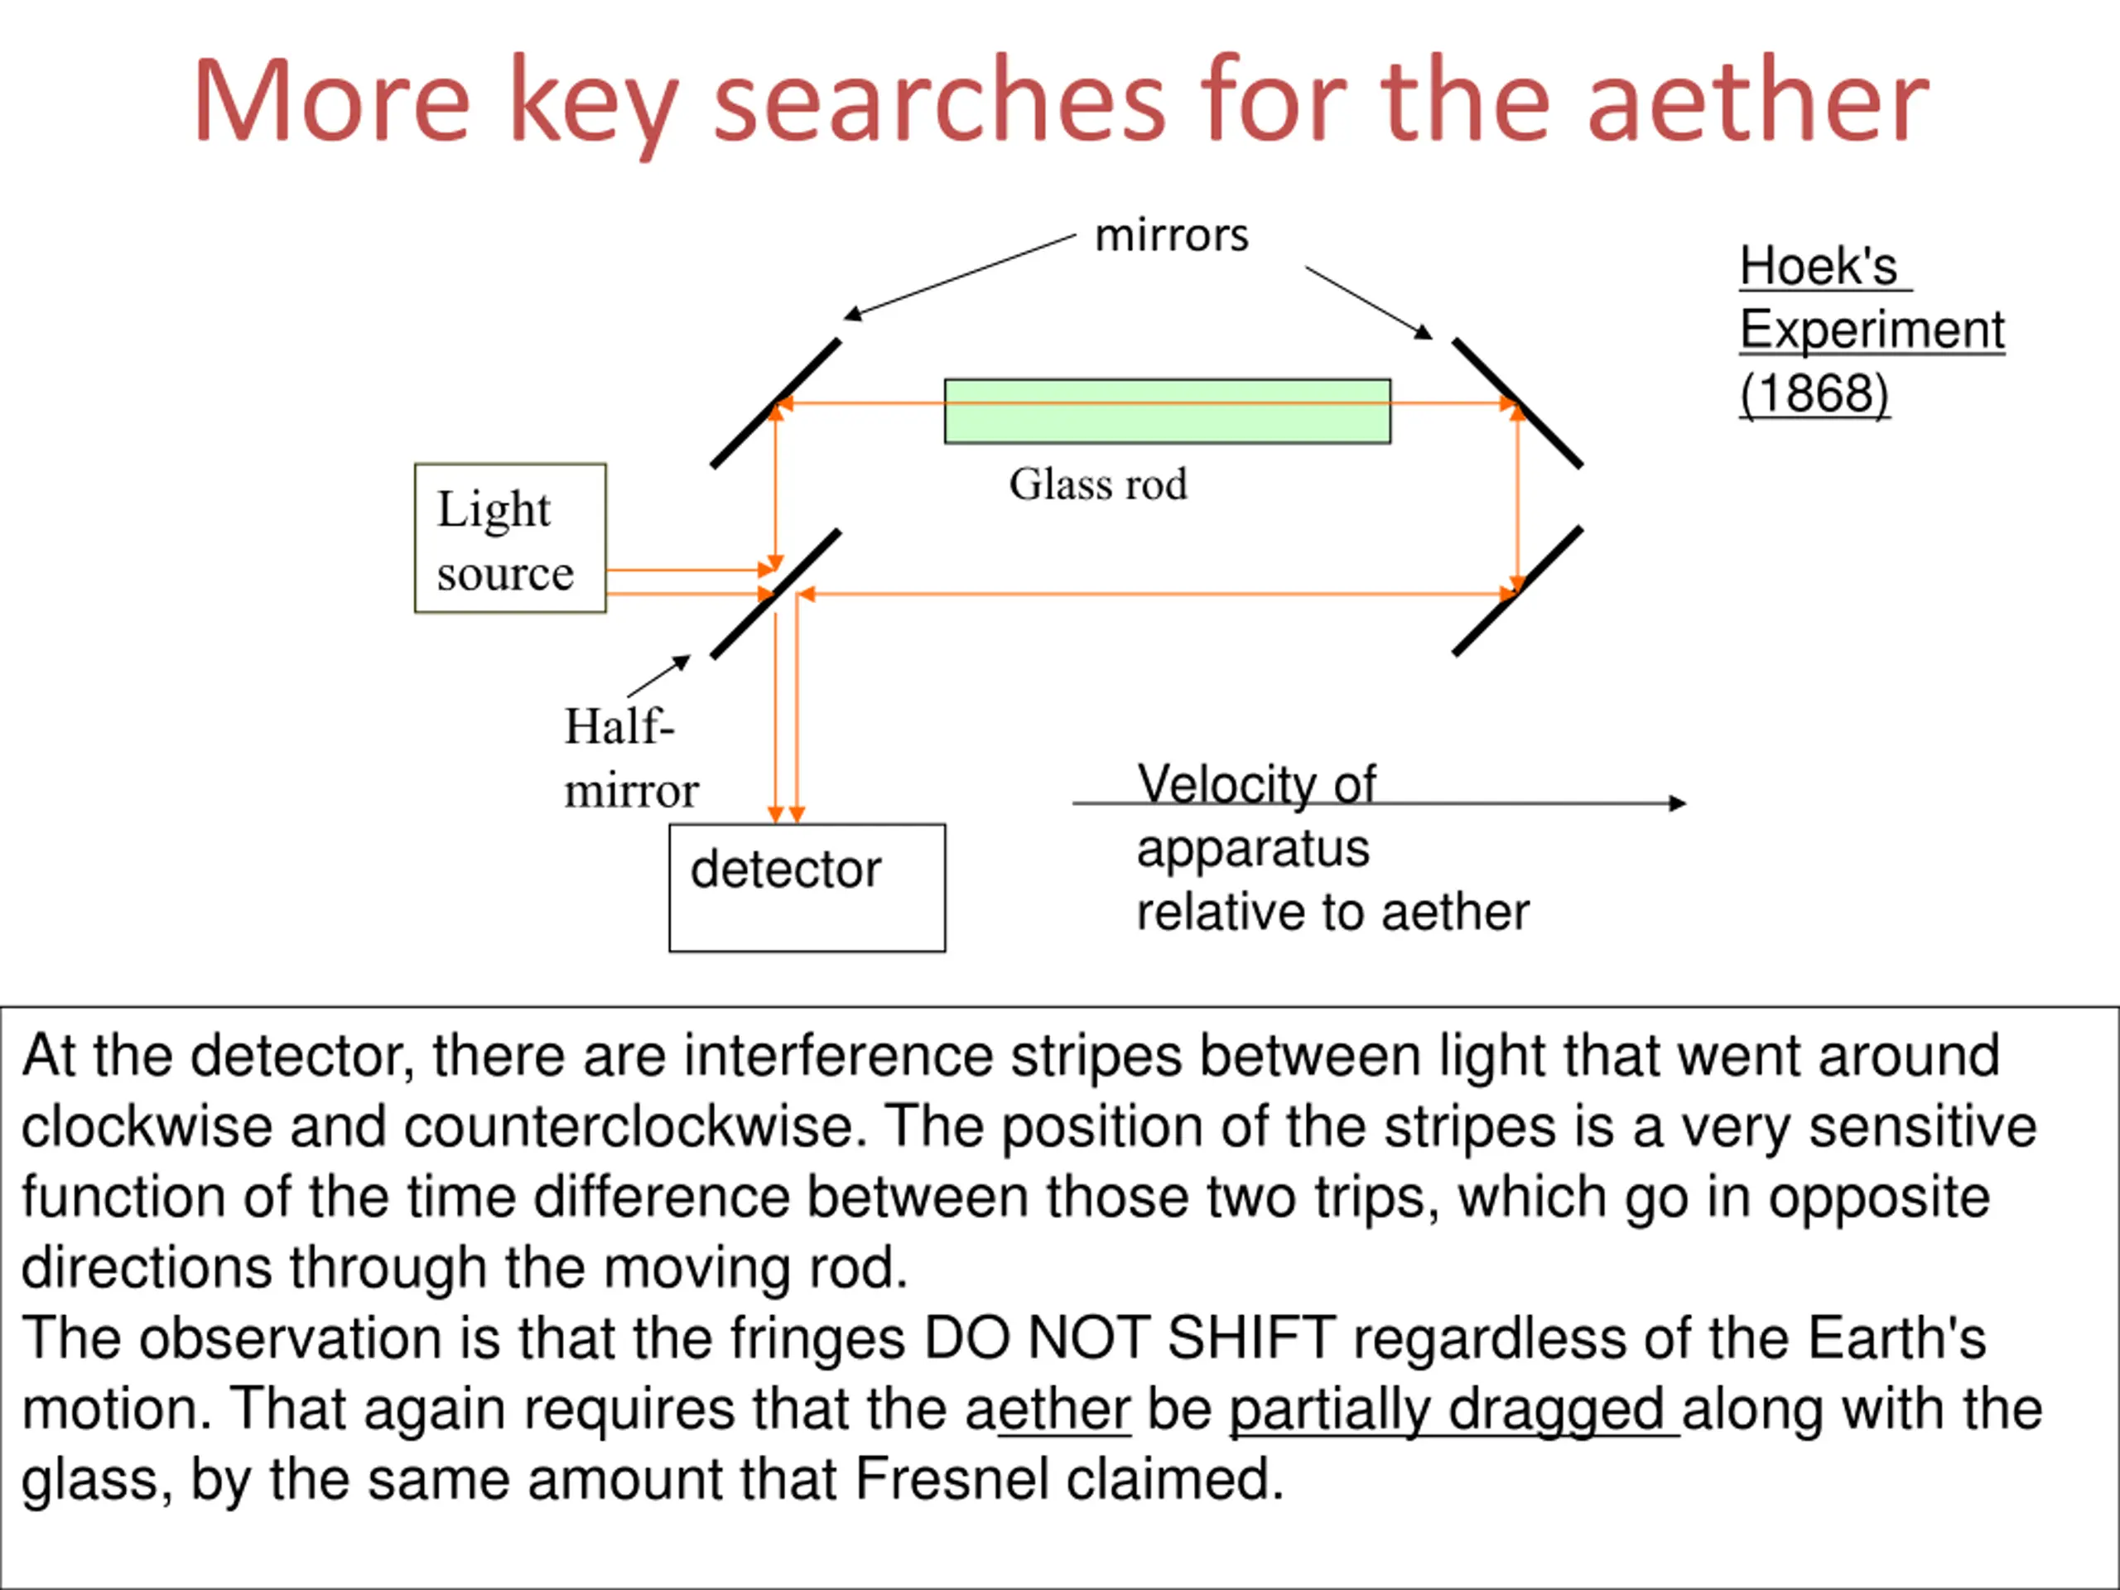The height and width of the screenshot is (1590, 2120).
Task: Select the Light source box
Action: pyautogui.click(x=510, y=537)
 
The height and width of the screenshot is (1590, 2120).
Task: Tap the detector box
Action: pyautogui.click(x=807, y=887)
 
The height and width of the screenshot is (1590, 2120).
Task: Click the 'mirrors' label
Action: pyautogui.click(x=1171, y=236)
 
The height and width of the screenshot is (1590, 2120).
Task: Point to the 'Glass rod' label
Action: pyautogui.click(x=1097, y=484)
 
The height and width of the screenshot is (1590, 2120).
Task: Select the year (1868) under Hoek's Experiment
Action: pyautogui.click(x=1814, y=393)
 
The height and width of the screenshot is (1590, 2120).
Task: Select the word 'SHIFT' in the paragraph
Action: pyautogui.click(x=1250, y=1338)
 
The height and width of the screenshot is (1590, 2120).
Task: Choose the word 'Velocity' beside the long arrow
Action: pyautogui.click(x=1218, y=784)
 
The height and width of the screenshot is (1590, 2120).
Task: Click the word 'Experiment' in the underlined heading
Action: pyautogui.click(x=1871, y=330)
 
